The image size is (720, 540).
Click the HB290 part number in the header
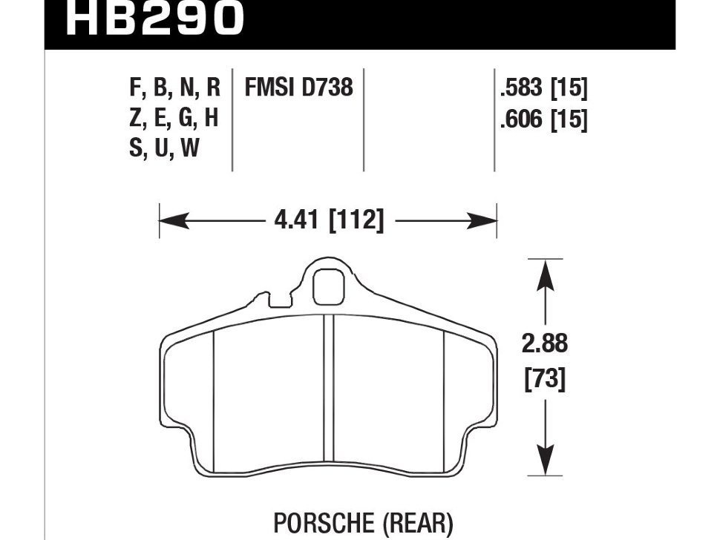click(x=154, y=19)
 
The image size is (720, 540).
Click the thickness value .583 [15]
click(x=543, y=88)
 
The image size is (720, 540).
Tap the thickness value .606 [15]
click(x=543, y=119)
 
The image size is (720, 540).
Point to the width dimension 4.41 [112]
click(x=327, y=220)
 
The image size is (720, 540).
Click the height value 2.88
click(x=546, y=344)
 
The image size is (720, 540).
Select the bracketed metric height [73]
click(x=546, y=380)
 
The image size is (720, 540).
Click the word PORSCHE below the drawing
click(x=329, y=524)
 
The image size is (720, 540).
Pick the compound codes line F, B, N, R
click(x=174, y=88)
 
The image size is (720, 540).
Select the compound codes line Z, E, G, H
click(x=174, y=119)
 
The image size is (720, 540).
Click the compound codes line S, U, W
click(x=164, y=149)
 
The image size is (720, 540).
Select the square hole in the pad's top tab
click(x=327, y=283)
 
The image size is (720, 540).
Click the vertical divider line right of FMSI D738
click(x=364, y=119)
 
